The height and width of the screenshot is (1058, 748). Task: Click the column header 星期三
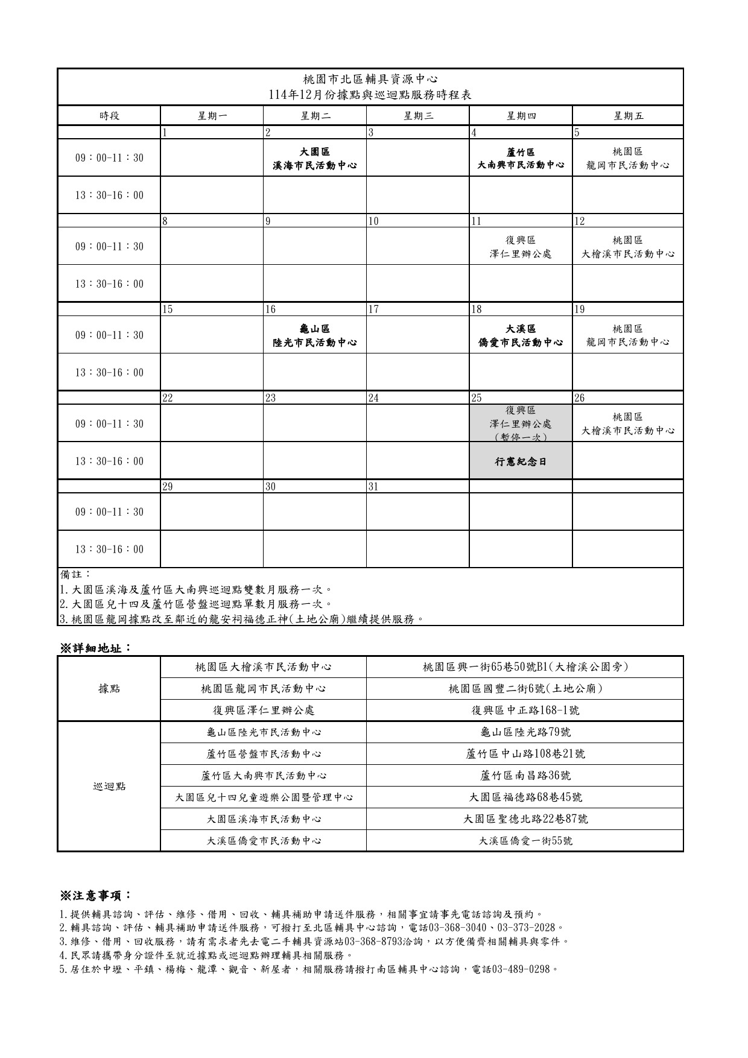tap(417, 116)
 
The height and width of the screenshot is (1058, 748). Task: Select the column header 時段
tap(109, 116)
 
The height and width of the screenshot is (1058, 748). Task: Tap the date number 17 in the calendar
tap(374, 309)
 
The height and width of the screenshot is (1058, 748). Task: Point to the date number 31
tap(374, 487)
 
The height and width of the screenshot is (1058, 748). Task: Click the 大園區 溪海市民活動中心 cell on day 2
tap(314, 158)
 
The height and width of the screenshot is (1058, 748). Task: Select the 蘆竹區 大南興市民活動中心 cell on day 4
tap(520, 158)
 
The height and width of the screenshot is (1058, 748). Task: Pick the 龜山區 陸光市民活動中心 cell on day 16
tap(314, 335)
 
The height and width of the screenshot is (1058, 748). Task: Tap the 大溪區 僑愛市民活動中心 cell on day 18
tap(520, 335)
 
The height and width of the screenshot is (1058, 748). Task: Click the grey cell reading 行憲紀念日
tap(520, 461)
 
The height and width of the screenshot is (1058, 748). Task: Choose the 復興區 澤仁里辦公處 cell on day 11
tap(520, 247)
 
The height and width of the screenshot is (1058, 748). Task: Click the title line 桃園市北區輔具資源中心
tap(370, 80)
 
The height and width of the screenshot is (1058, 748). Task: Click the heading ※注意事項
tap(95, 895)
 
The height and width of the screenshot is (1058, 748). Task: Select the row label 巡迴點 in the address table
tap(109, 786)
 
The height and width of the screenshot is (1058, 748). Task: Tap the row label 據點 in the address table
tap(109, 688)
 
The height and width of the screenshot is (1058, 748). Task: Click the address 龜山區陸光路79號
tap(525, 732)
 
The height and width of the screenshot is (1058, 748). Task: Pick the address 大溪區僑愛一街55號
tap(525, 841)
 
